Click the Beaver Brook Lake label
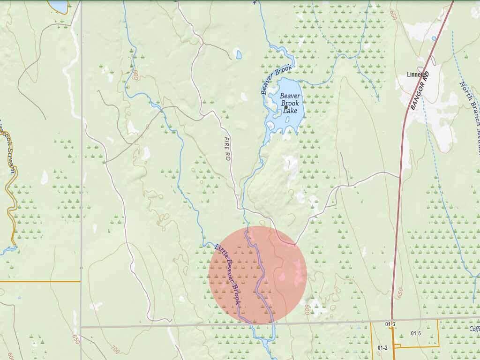[290, 103]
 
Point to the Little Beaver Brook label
[227, 275]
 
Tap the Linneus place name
[417, 76]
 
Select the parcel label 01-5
[416, 333]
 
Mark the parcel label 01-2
[382, 347]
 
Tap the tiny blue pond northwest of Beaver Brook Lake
[239, 55]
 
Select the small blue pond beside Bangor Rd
[434, 38]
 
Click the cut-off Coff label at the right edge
[474, 329]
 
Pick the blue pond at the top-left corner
[58, 6]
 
